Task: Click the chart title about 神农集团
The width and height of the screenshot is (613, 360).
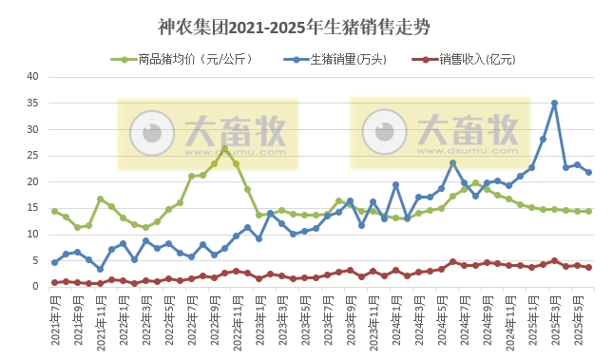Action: (294, 27)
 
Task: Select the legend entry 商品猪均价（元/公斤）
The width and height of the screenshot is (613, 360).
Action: (191, 59)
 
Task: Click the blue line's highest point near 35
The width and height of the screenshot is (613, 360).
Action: (555, 103)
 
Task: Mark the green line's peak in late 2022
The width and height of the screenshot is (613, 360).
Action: (225, 148)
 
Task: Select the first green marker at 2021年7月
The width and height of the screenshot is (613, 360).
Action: (54, 211)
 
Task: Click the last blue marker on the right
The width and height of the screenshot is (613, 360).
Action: (589, 172)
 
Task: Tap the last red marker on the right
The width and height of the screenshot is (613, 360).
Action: (589, 267)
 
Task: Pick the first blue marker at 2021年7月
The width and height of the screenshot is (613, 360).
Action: (54, 262)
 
